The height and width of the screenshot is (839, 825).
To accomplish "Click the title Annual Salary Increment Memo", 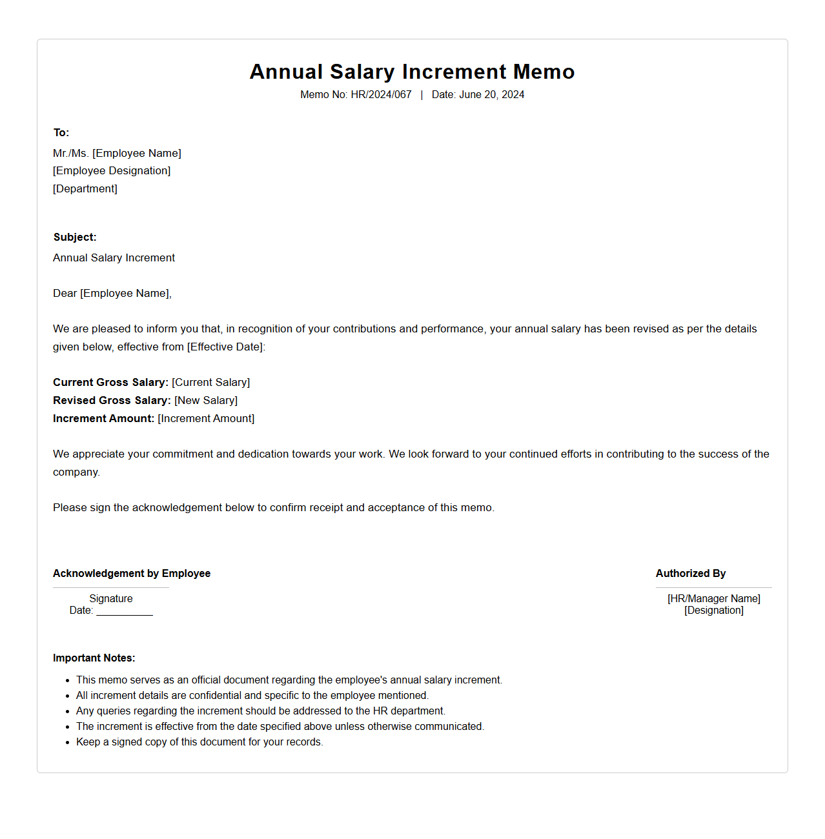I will pos(412,72).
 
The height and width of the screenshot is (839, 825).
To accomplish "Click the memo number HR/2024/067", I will pos(381,95).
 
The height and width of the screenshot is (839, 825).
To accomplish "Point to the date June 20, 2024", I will pos(491,95).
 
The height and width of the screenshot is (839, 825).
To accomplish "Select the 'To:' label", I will pos(61,133).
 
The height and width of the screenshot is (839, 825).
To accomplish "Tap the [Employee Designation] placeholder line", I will pos(112,171).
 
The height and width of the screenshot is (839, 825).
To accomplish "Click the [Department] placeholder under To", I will pos(85,189).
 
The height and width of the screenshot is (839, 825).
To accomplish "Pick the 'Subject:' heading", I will pos(75,238).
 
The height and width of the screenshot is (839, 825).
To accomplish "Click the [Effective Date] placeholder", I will pos(226,347).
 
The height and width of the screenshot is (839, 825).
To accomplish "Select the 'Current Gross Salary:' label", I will pos(110,383).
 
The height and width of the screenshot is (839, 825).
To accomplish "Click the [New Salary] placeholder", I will pos(206,401).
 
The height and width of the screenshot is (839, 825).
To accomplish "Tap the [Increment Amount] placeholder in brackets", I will pos(206,419).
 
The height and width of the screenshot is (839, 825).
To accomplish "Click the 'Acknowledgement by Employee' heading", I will pos(132,574).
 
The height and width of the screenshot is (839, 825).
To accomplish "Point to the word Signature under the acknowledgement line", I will pos(111,599).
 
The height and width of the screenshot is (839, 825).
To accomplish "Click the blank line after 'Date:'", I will pos(125,612).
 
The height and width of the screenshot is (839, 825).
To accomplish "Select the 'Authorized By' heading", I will pos(691,574).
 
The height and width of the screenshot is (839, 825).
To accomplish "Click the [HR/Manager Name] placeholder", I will pos(714,599).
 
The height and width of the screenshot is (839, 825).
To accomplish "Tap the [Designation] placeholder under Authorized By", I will pos(714,611).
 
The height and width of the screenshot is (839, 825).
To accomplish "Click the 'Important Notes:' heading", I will pos(94,658).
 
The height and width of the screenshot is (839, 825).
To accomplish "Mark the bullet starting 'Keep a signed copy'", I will pos(199,742).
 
